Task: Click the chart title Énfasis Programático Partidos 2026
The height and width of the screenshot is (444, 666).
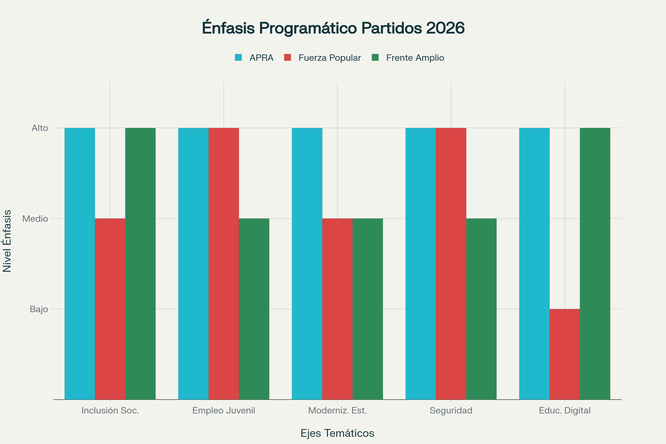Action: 333,28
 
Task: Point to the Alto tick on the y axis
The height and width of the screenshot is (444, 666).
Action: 40,128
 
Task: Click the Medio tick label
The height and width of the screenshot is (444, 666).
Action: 35,219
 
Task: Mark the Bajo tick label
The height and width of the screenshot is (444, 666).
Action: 39,309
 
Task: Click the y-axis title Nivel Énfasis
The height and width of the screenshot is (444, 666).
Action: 7,241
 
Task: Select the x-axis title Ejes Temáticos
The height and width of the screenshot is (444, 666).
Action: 337,433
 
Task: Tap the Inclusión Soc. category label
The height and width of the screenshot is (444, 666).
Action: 110,410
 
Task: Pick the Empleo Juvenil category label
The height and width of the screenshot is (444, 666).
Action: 224,410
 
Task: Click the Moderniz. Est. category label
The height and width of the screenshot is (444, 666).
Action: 337,410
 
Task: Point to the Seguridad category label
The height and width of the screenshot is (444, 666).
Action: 451,410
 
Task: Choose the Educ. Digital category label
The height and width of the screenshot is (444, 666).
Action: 565,410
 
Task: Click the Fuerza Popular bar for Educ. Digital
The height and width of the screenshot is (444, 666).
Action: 565,354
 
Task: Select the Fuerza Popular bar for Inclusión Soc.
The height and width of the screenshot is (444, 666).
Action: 110,309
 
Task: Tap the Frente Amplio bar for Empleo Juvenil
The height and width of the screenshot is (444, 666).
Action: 254,309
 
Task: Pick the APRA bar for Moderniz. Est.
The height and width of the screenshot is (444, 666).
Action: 307,264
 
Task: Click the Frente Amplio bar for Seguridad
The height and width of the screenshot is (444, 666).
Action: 481,309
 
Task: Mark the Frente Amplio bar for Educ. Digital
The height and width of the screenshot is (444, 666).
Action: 595,264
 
